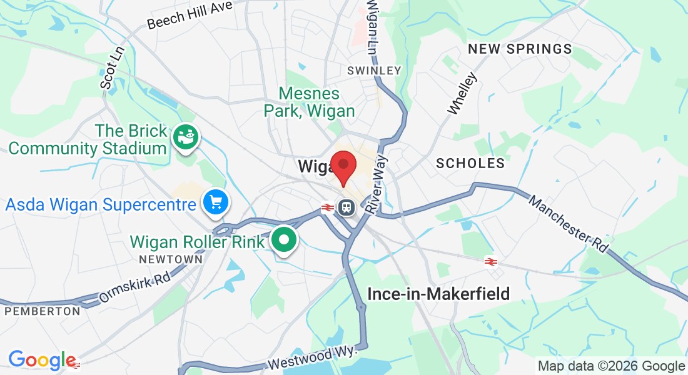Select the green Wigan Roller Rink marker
[285, 240]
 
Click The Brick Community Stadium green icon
[186, 136]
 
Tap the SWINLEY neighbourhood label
[374, 71]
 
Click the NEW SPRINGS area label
[520, 49]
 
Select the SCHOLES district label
[470, 164]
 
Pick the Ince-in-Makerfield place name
[438, 293]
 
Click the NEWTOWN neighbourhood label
[171, 259]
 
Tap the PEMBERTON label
[42, 311]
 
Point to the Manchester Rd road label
[568, 224]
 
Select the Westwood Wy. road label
[312, 358]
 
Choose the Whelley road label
[462, 94]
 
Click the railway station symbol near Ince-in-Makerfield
[490, 262]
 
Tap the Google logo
[42, 360]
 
